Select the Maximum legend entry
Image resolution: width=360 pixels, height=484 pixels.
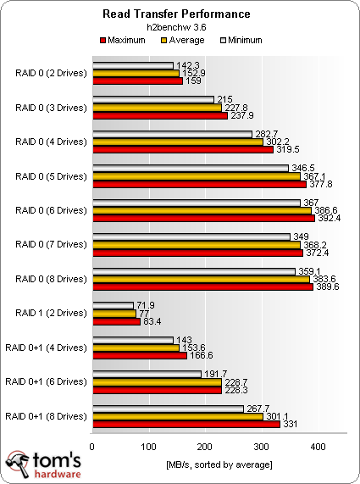tap(130, 40)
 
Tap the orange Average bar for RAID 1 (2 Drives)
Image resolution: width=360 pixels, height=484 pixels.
tap(114, 313)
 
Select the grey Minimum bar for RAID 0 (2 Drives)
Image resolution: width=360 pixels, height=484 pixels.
tap(133, 65)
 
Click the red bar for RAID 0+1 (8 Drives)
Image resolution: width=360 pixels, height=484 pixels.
tap(186, 424)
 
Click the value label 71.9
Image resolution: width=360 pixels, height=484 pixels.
tap(147, 304)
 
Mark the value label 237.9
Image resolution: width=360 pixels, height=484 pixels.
tap(240, 115)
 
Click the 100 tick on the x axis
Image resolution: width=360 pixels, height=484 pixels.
tap(149, 445)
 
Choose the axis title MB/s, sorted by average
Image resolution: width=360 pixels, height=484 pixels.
tap(219, 464)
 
